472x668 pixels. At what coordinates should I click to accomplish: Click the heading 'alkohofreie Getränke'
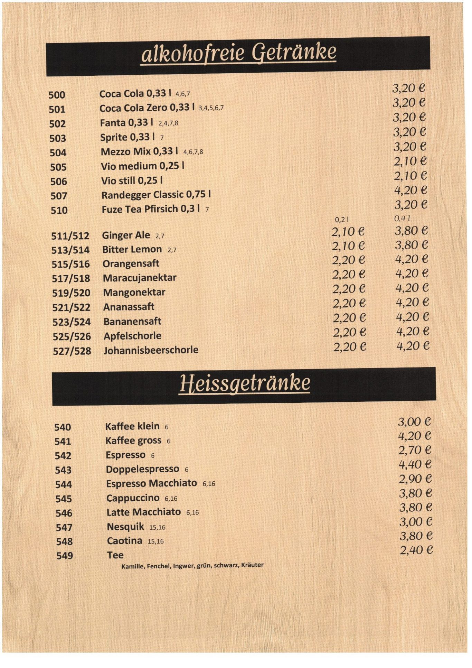(238, 53)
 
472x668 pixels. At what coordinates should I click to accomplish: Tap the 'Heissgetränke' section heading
(245, 383)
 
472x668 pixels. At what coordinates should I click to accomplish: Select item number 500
(57, 95)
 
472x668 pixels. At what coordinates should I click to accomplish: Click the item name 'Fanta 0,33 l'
(126, 123)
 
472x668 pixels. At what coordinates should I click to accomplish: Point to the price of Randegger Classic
(410, 190)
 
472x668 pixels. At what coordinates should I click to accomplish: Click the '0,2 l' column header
(342, 219)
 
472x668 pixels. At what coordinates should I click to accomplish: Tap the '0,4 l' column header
(402, 218)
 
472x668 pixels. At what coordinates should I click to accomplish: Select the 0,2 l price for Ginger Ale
(348, 232)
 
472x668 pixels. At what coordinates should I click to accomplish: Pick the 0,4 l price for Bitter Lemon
(411, 245)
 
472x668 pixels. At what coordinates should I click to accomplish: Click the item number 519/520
(71, 293)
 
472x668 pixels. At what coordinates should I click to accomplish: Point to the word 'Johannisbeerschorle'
(151, 350)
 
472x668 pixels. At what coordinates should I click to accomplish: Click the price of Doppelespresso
(415, 464)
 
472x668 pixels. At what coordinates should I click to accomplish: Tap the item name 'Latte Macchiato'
(143, 512)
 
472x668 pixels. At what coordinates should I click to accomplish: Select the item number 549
(65, 556)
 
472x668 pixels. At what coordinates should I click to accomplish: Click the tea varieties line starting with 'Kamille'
(192, 566)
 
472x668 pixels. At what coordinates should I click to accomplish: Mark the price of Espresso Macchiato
(415, 479)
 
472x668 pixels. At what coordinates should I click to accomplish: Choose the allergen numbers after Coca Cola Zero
(211, 108)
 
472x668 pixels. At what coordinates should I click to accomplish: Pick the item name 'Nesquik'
(125, 526)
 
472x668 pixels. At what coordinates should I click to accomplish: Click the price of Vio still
(410, 176)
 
